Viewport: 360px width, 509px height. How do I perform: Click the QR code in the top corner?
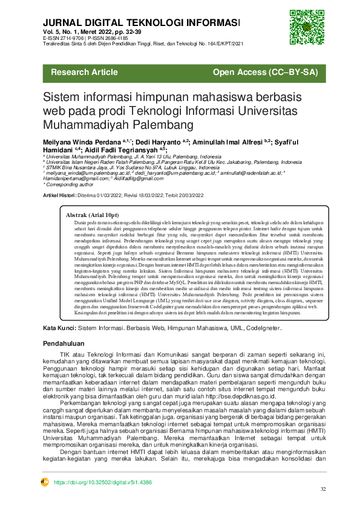pos(303,23)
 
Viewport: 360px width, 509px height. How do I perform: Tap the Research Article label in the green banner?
pos(84,73)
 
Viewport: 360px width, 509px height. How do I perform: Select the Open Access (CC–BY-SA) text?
pos(265,73)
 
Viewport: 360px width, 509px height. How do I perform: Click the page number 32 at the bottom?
pos(323,489)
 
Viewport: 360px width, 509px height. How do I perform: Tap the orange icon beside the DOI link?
pos(44,482)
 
